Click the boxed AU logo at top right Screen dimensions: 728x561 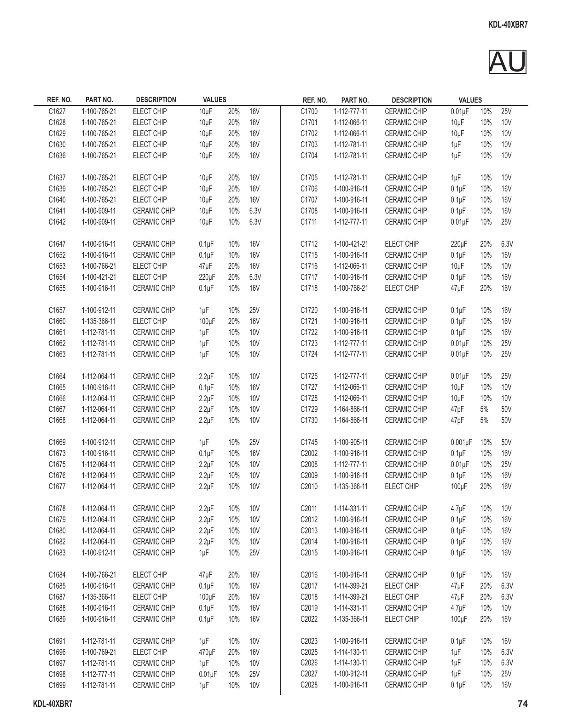[x=507, y=62]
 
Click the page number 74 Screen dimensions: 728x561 [x=522, y=704]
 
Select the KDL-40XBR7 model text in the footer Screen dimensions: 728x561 [x=53, y=704]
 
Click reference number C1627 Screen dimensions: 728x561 [x=57, y=112]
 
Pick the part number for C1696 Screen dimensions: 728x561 [x=99, y=652]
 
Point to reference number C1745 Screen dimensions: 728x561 [x=309, y=443]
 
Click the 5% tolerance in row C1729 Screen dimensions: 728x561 [x=484, y=410]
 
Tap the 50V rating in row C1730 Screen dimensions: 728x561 [x=506, y=421]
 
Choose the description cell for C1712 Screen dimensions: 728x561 [x=402, y=244]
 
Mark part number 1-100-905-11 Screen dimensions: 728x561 [x=351, y=443]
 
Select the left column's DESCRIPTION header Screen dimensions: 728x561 [x=156, y=100]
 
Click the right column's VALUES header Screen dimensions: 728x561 [x=470, y=100]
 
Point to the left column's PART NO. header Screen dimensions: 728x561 [x=99, y=100]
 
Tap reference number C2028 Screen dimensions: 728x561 [x=309, y=685]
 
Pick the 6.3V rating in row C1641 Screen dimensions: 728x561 [x=255, y=211]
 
